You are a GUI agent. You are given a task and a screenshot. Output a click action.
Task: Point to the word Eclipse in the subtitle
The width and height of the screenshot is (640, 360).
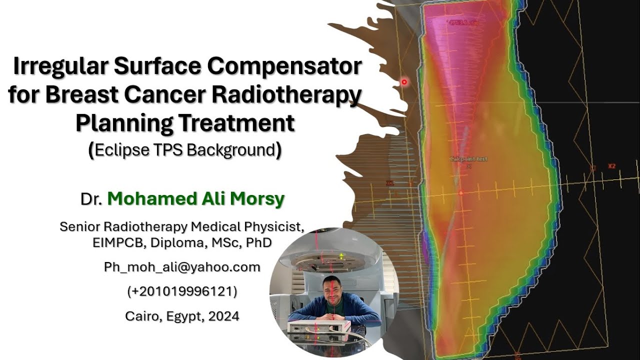117,150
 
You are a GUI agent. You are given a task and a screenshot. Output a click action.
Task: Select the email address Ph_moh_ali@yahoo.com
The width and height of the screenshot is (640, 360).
182,267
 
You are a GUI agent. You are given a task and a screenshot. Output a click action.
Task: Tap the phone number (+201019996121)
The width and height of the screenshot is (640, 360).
182,291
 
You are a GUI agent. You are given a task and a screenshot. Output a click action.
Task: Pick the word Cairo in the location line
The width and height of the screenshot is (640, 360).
141,316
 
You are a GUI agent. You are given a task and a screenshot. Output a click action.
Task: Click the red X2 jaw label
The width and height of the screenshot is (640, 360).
611,166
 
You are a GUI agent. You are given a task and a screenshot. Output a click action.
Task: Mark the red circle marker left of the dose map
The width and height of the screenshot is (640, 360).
404,81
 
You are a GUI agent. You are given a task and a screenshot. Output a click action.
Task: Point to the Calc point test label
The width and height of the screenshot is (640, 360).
469,159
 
